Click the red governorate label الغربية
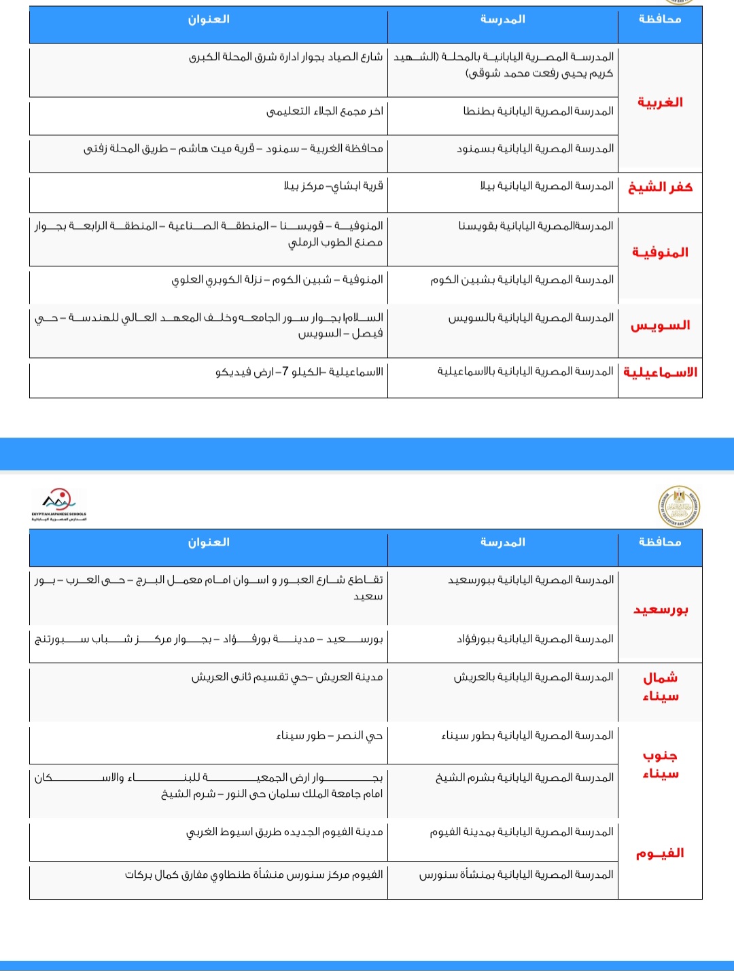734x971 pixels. (x=660, y=103)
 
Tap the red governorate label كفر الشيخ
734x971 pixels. (x=660, y=188)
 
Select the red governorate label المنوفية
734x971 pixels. (x=660, y=253)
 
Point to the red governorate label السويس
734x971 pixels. (x=660, y=325)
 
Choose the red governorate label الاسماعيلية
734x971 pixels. (x=660, y=372)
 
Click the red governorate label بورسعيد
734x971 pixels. (x=661, y=610)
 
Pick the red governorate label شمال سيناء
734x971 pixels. (x=661, y=687)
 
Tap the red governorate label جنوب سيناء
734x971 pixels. (x=661, y=764)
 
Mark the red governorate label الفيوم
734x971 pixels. (x=660, y=853)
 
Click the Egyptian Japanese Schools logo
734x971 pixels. (x=59, y=505)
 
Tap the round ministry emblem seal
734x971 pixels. (x=679, y=507)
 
